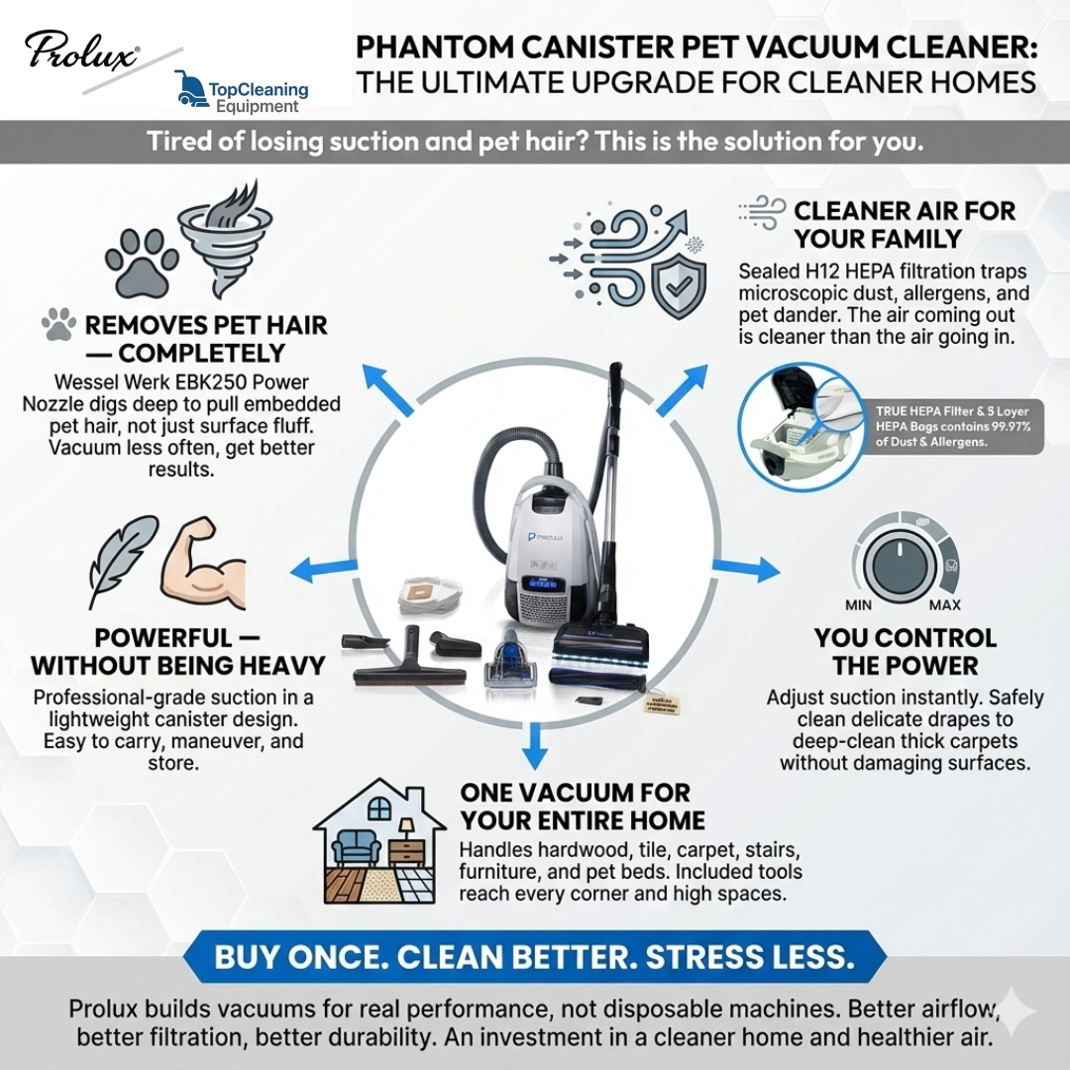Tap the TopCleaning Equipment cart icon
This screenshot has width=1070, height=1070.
click(x=190, y=88)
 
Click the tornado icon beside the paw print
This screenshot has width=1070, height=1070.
click(x=225, y=237)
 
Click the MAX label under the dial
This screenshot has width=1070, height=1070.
click(x=945, y=605)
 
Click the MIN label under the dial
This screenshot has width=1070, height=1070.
click(x=858, y=605)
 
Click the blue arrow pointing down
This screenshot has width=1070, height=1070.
click(x=534, y=745)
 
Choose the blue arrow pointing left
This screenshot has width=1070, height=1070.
click(x=316, y=569)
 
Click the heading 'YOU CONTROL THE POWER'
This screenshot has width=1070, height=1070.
click(x=906, y=651)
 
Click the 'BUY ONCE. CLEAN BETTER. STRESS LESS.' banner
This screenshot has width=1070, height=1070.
click(x=534, y=958)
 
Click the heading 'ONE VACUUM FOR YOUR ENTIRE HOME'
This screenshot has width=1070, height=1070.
click(x=583, y=806)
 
